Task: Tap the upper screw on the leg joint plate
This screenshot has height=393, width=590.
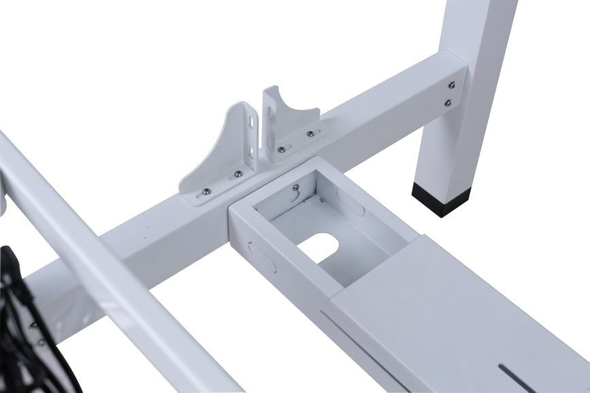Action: click(x=450, y=86)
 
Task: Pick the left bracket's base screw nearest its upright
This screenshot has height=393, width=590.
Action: click(x=238, y=175)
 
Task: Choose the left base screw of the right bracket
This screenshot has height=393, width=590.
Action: click(x=280, y=148)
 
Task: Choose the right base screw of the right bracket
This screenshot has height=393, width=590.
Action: click(x=310, y=133)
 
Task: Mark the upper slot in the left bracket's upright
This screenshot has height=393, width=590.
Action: click(x=253, y=122)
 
